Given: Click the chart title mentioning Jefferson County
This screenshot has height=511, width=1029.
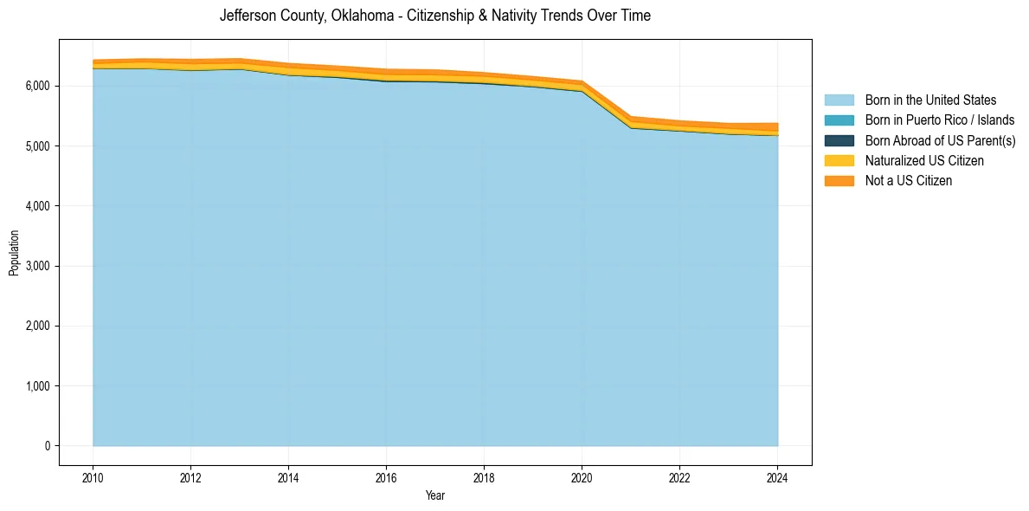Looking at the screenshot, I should pos(434,16).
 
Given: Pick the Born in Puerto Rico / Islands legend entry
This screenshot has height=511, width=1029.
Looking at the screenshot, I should pos(940,120).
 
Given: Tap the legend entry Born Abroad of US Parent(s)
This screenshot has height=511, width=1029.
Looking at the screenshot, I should pos(940,140).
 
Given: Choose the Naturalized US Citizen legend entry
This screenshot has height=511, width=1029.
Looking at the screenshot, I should pos(924,160).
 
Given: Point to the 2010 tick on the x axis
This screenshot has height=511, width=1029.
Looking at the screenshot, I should pos(93,477).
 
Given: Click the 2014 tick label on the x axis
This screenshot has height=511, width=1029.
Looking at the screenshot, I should pos(288,477).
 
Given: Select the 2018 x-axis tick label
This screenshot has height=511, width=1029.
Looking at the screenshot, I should pos(484,477).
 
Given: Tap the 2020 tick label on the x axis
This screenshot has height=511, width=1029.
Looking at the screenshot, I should pos(582,477).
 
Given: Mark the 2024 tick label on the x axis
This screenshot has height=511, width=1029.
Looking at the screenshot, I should pos(777,477).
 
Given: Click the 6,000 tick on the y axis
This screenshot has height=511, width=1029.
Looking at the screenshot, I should pos(40,87).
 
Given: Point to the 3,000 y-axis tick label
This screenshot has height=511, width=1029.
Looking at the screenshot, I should pos(40,266).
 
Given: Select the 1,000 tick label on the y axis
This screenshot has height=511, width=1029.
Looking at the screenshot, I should pos(40,386).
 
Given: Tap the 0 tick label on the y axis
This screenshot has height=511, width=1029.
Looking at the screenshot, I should pos(48,446).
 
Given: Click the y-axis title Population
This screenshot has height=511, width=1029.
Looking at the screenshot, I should pos(14,253).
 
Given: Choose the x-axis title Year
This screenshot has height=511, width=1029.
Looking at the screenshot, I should pos(435,495).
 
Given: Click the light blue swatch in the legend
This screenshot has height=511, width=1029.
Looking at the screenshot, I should pos(839,100).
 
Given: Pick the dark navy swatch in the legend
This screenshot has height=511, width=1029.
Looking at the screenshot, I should pos(839,140).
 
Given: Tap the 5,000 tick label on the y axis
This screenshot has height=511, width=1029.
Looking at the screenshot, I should pos(40,146).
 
